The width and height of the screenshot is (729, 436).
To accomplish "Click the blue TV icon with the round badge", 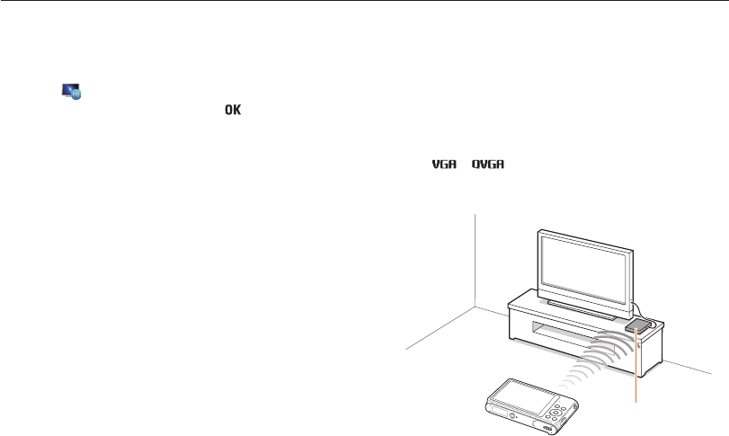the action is coord(71,90).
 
